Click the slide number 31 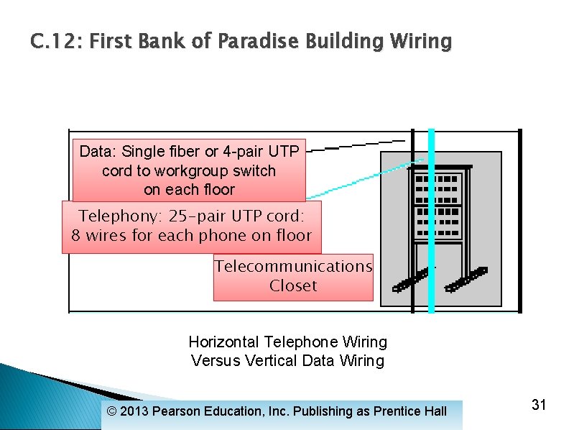click(x=539, y=405)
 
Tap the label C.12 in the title click(x=56, y=42)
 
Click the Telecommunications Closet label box click(x=293, y=276)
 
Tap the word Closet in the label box click(x=293, y=285)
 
